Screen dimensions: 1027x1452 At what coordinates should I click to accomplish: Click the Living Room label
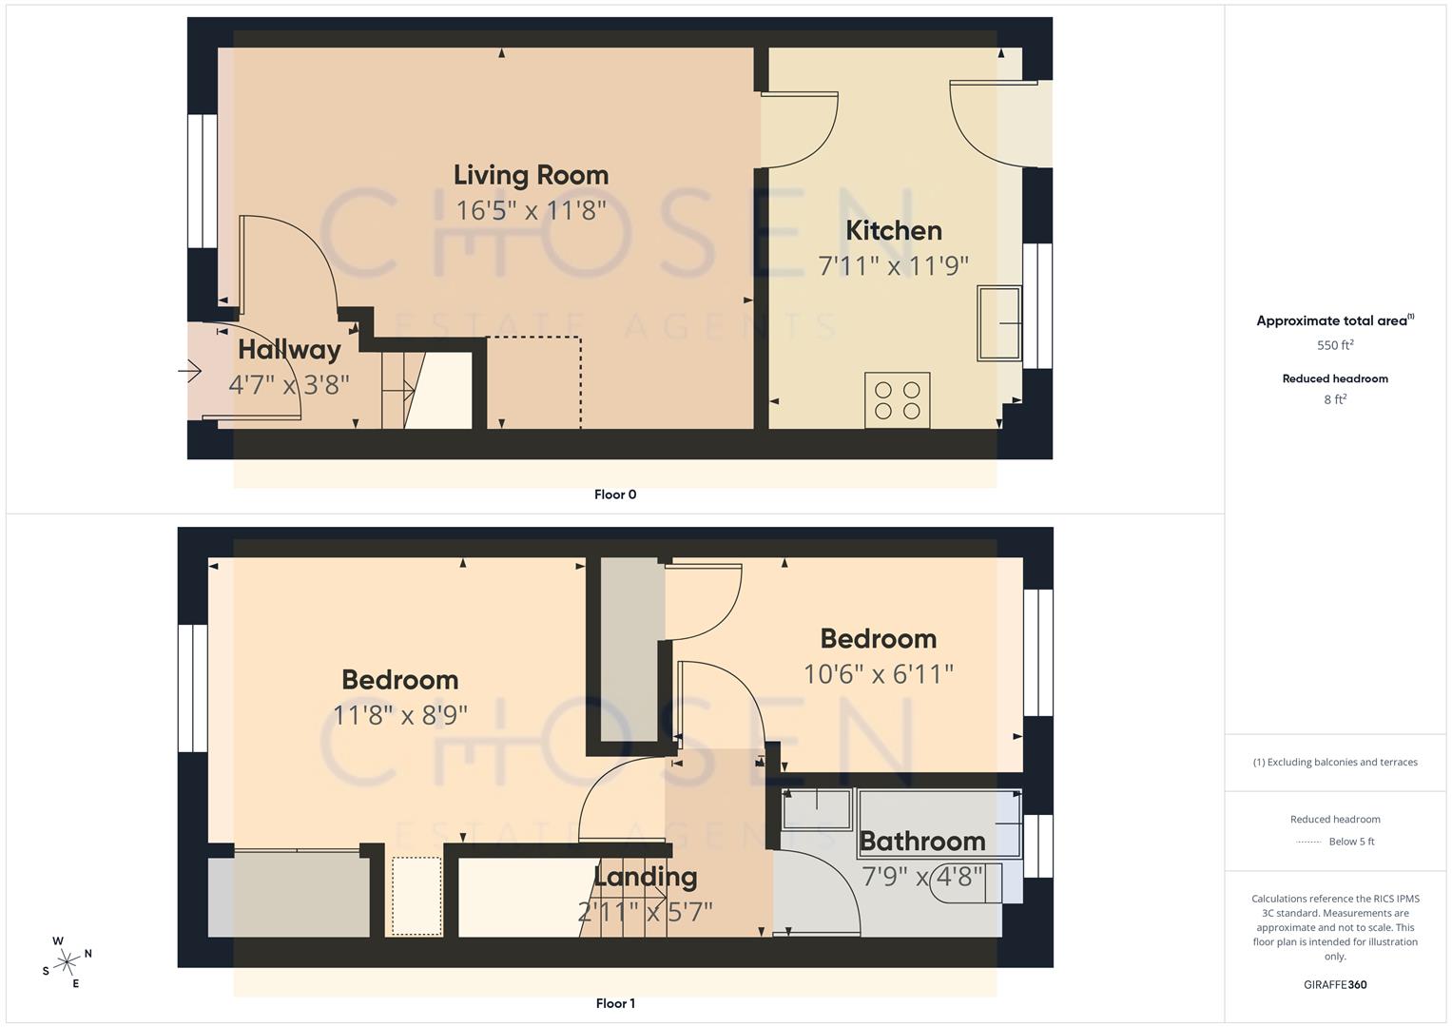click(x=531, y=175)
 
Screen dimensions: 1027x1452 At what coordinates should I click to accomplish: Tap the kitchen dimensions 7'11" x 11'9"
click(x=893, y=265)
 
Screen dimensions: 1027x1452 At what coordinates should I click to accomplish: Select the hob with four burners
click(x=897, y=400)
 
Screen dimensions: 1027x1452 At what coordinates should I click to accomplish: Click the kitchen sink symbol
click(x=998, y=323)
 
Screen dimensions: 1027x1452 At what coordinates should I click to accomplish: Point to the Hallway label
click(x=289, y=350)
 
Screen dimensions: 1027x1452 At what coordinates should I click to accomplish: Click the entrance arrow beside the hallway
click(x=190, y=371)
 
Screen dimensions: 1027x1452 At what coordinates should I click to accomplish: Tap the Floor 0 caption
click(x=615, y=494)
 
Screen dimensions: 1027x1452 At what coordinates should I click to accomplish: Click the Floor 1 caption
click(x=615, y=1003)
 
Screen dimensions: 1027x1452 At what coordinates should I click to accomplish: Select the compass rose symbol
click(x=67, y=962)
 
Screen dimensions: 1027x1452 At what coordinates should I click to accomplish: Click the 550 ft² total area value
click(x=1335, y=345)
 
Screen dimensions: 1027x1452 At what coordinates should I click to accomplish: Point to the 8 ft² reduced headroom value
click(x=1335, y=399)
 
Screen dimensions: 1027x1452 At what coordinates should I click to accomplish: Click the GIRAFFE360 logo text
click(x=1335, y=984)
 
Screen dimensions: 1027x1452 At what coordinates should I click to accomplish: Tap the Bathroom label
click(x=921, y=842)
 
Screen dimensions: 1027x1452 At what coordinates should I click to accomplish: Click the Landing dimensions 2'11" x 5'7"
click(x=645, y=912)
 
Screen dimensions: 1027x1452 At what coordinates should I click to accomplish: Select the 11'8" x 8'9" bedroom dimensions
click(x=399, y=714)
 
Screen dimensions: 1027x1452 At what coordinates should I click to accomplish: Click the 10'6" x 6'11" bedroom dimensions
click(x=878, y=674)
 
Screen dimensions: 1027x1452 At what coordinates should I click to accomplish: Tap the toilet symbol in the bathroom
click(x=993, y=882)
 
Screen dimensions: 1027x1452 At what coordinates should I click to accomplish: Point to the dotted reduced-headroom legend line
click(x=1308, y=842)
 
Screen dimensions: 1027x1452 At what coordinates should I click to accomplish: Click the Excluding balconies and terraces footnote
click(x=1335, y=762)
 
